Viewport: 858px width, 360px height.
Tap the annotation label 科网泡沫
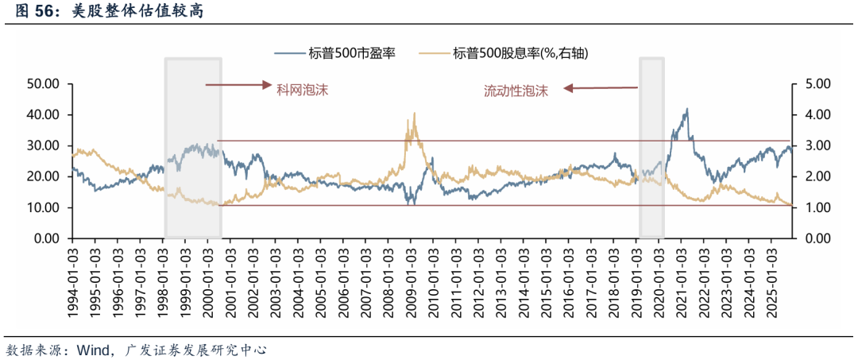pyautogui.click(x=301, y=90)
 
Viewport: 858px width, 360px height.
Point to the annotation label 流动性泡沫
pyautogui.click(x=516, y=90)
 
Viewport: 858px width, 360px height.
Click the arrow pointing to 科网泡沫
pyautogui.click(x=238, y=84)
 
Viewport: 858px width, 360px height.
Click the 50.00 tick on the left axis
pyautogui.click(x=44, y=83)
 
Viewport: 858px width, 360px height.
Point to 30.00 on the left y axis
pyautogui.click(x=44, y=145)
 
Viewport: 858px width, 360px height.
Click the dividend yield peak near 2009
pyautogui.click(x=414, y=114)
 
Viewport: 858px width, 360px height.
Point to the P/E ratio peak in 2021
pyautogui.click(x=686, y=110)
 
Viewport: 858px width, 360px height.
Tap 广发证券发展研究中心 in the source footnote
pyautogui.click(x=195, y=348)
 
